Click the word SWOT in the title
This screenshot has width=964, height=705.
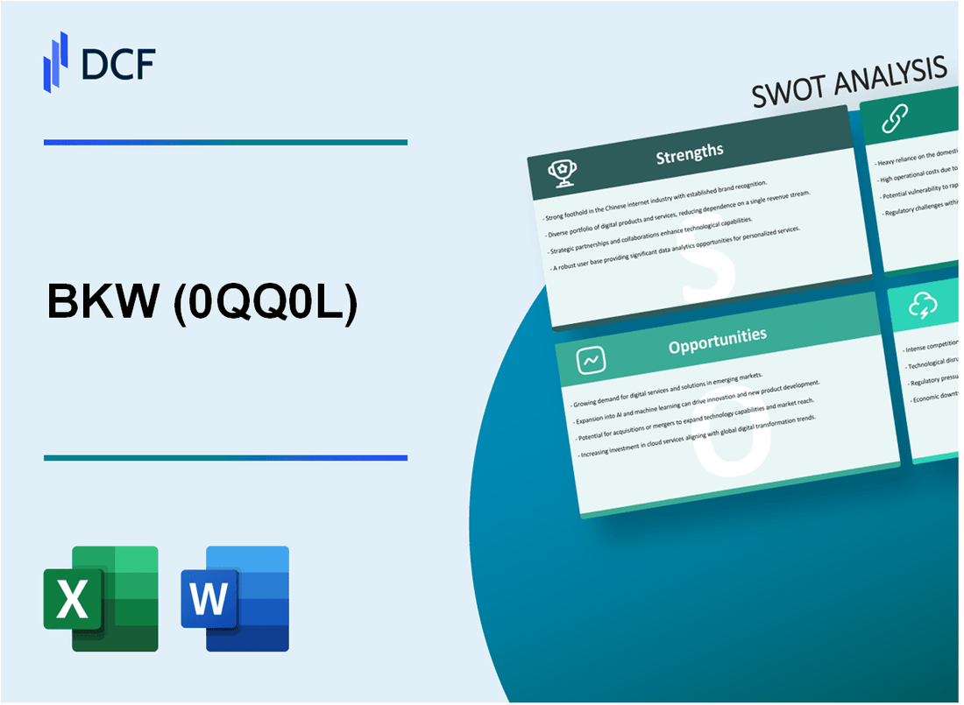792,89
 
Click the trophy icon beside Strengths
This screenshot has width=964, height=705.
562,173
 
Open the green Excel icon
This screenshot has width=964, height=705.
101,598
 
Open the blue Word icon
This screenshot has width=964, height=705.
235,598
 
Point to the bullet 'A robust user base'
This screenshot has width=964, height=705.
676,253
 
